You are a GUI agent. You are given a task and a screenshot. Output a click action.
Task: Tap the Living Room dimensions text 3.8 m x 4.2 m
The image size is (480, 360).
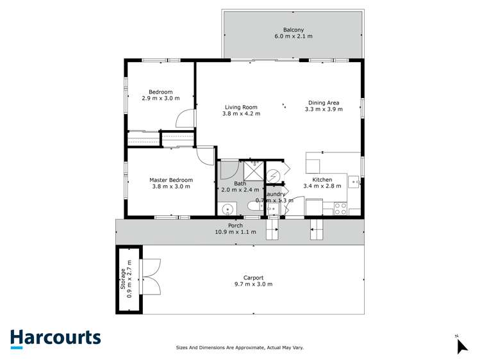pos(241,114)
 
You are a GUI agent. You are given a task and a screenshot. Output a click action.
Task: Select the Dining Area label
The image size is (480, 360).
pos(324,102)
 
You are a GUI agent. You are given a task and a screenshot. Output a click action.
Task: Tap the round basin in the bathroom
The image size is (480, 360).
pos(227,209)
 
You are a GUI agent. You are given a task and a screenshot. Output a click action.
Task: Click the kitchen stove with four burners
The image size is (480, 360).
pos(340,208)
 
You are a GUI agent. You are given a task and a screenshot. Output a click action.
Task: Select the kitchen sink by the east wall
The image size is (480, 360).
pos(354,182)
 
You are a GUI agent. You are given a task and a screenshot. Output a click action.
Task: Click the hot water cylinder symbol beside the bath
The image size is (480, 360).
pos(273,176)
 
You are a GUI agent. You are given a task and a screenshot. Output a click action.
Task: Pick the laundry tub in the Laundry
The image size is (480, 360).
pos(272,209)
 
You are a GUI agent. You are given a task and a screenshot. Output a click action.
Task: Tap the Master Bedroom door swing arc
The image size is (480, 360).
pos(206,156)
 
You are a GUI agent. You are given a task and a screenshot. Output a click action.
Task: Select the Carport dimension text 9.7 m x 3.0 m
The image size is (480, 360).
pos(253,284)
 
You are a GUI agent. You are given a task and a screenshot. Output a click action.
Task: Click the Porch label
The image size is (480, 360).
pos(235,225)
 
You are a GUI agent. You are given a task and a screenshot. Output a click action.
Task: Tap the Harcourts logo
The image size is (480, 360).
pos(55,338)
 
